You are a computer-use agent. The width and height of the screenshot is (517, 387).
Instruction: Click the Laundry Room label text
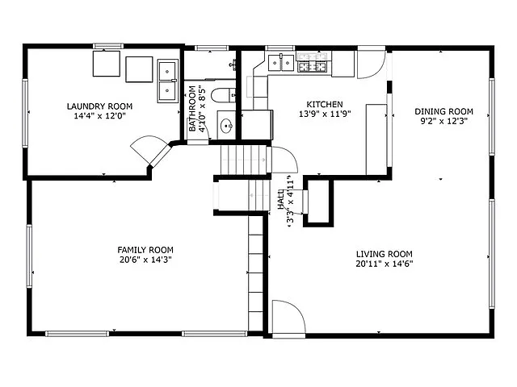[99, 106]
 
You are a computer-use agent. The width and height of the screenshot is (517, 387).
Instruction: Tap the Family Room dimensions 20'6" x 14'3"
[145, 260]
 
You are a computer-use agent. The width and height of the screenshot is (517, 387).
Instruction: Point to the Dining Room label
[443, 111]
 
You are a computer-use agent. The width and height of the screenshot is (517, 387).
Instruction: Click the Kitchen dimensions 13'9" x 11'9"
[325, 114]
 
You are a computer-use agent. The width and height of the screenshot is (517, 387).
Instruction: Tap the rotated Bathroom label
[193, 109]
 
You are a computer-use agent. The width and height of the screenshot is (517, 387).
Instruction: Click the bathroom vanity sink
[227, 126]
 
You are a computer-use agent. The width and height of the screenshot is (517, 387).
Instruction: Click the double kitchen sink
[280, 61]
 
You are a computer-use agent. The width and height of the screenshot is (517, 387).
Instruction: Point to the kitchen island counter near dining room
[376, 139]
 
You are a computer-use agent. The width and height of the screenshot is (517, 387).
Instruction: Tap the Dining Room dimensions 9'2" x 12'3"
[443, 121]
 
